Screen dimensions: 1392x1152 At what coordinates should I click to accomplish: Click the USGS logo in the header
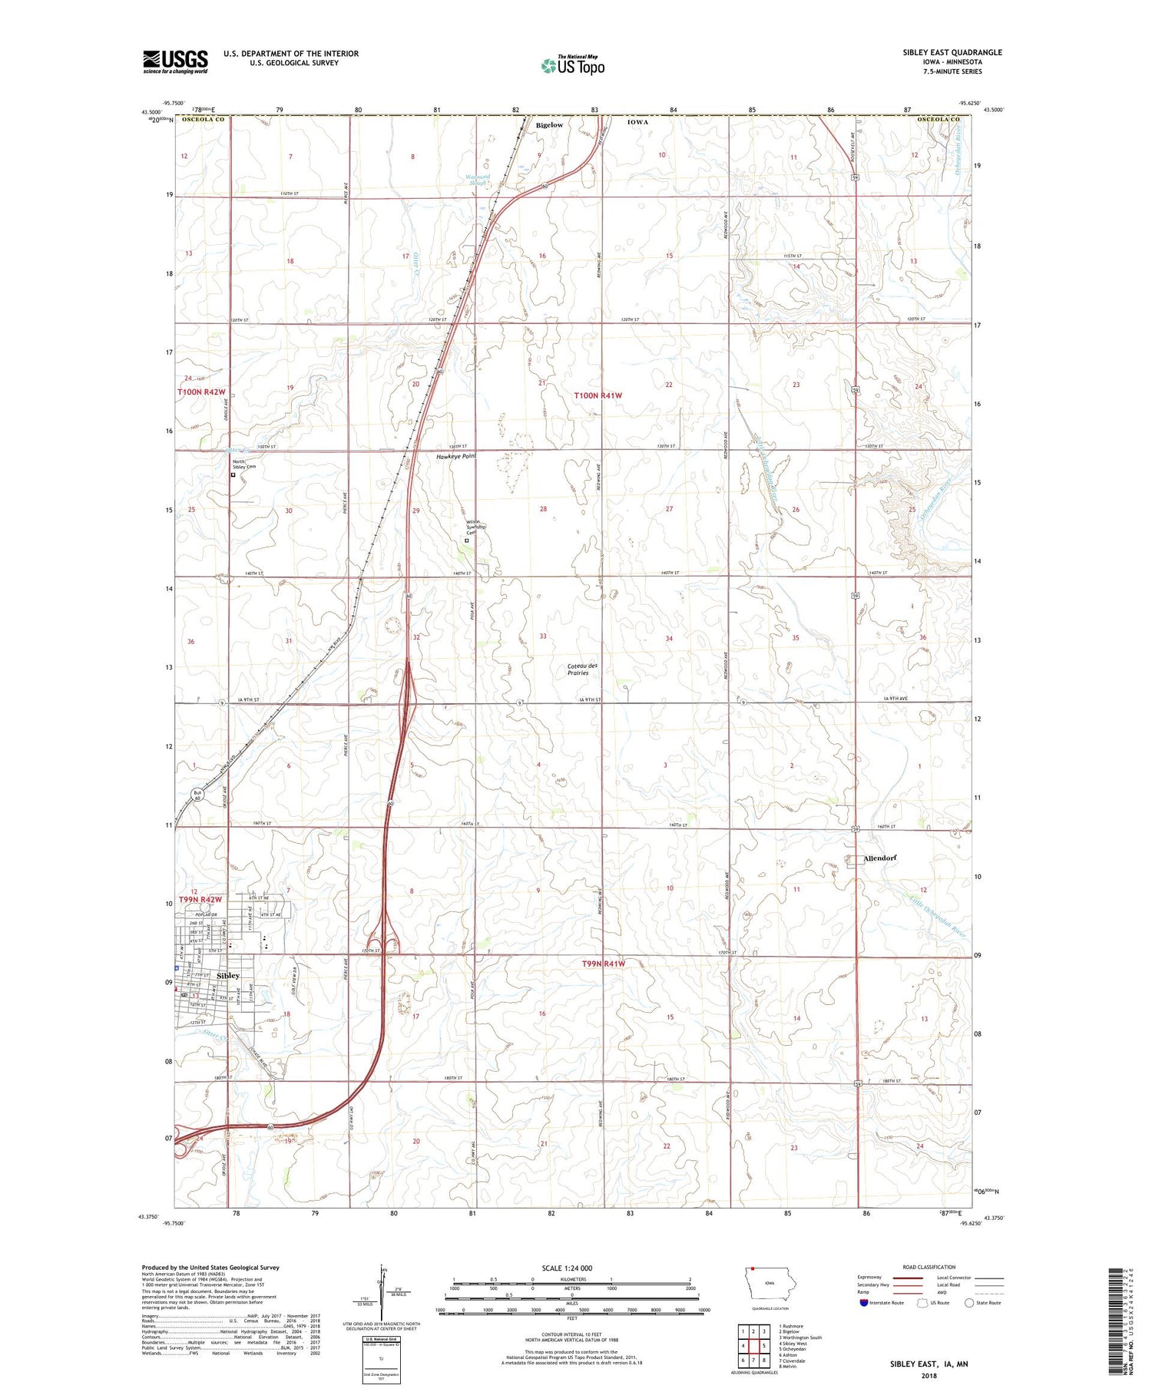175,61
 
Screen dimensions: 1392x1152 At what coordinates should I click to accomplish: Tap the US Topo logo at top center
573,65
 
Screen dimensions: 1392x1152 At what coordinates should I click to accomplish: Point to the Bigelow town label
549,124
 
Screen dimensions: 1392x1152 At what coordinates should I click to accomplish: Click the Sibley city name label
228,975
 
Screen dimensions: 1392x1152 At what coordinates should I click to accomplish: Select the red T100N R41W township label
598,395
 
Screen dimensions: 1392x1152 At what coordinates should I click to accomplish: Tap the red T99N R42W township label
200,899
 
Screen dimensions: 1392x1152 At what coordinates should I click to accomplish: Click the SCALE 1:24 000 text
567,1268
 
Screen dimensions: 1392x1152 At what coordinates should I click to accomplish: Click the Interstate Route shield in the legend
865,1302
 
